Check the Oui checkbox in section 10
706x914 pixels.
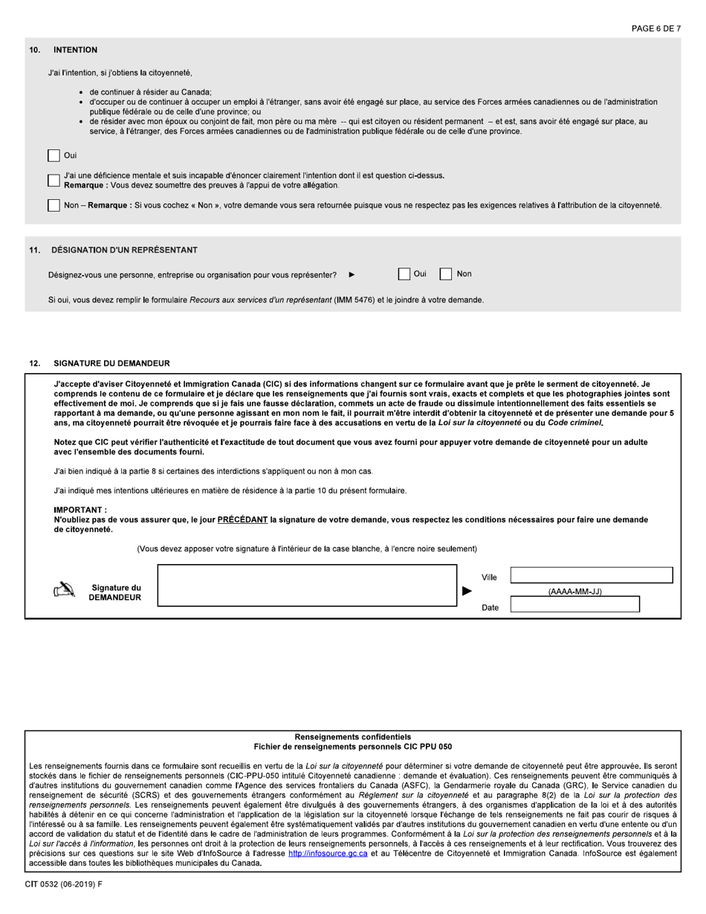coord(54,155)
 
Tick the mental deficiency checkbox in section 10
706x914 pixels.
coord(54,181)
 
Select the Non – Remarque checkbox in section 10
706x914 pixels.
coord(54,205)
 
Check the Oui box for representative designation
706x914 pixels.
coord(404,274)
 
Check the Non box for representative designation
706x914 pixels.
coord(446,274)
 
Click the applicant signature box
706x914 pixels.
coord(307,586)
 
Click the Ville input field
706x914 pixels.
coord(591,575)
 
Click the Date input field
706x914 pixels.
coord(574,604)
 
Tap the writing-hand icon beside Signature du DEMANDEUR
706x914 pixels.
coord(65,591)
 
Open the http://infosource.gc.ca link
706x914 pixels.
coord(328,854)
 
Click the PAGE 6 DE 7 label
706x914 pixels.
coord(655,29)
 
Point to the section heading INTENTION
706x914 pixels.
coord(75,50)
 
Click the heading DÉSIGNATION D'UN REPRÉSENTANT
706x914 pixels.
coord(124,250)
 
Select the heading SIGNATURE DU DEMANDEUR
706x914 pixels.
coord(111,363)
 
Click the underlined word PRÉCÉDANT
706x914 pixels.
coord(242,520)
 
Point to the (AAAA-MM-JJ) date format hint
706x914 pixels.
coord(574,591)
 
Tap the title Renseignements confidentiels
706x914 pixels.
coord(352,736)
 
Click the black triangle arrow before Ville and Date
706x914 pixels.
coord(467,591)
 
